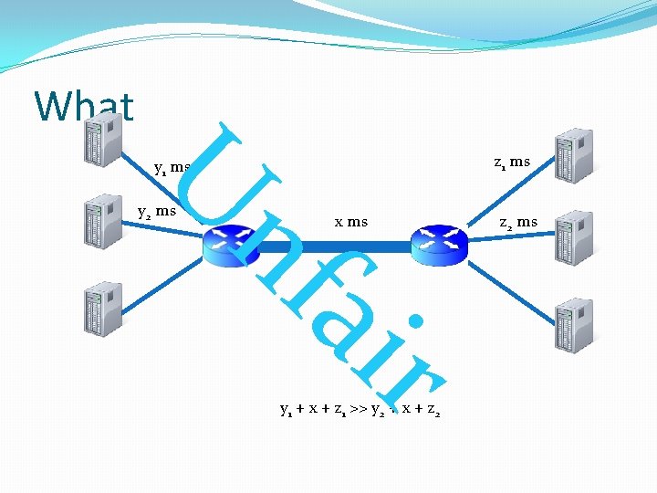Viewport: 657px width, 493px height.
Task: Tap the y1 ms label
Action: [x=172, y=168]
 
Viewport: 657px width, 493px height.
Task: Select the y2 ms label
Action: [x=156, y=211]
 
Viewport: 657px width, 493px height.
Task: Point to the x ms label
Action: [x=351, y=221]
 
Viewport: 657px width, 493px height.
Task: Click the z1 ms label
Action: [x=512, y=163]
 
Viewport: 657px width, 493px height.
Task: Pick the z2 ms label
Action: [x=518, y=222]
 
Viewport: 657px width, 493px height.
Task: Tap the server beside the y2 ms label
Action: [x=103, y=220]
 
